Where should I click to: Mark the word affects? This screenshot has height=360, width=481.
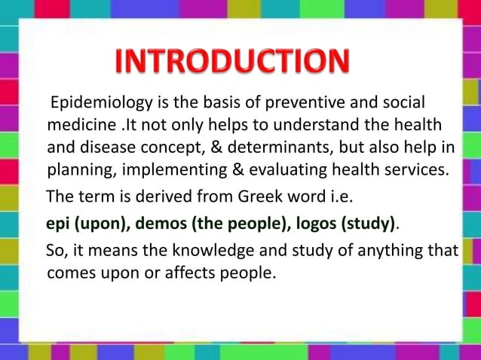pos(186,271)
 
